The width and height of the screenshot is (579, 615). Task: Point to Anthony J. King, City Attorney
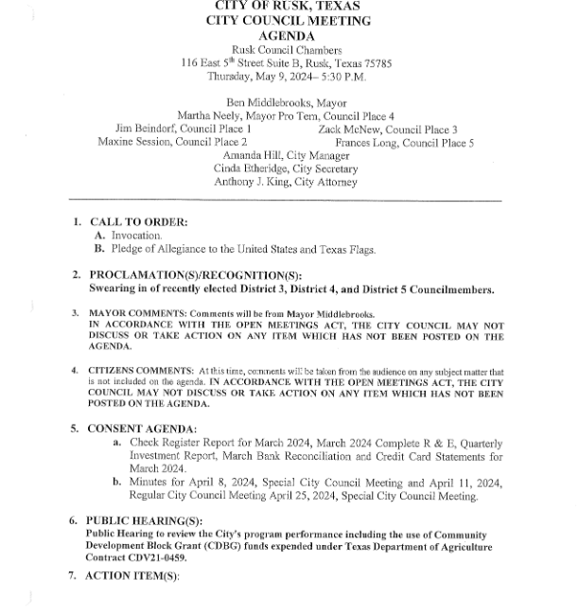286,182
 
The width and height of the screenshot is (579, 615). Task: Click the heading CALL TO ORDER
138,222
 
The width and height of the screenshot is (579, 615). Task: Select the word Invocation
136,236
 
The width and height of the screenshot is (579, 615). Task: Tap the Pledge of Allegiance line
243,250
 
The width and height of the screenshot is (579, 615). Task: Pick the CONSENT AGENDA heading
142,429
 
